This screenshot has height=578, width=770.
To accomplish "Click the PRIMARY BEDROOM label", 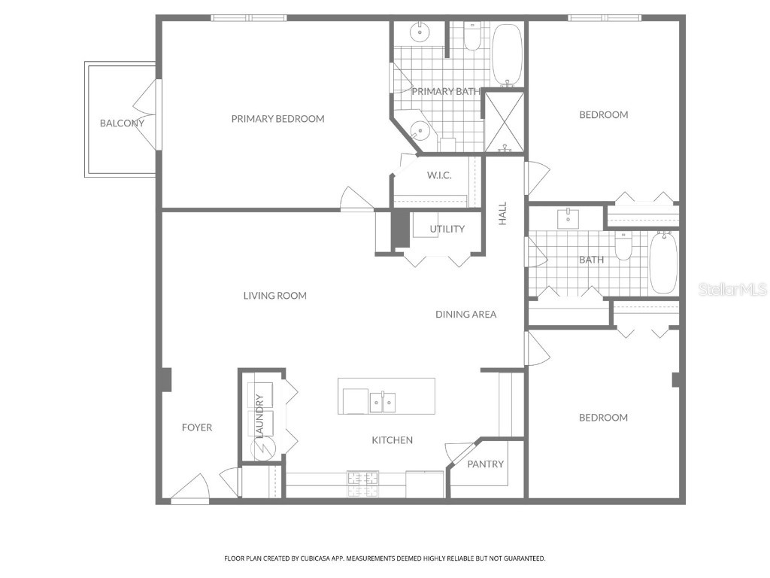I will [277, 119].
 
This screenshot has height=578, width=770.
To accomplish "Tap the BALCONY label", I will [122, 123].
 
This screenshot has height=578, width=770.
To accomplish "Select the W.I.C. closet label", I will [439, 175].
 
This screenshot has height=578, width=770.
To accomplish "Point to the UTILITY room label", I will [447, 229].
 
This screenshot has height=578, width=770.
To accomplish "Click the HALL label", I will [502, 213].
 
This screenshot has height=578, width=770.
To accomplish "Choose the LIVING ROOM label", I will [274, 296].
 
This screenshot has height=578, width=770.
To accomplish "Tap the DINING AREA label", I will [465, 315].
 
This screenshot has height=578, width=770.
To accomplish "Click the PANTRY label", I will [485, 464].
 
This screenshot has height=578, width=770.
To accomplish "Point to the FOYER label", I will [197, 427].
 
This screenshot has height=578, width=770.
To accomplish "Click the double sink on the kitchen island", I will [383, 402].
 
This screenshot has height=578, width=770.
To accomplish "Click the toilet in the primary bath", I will [472, 38].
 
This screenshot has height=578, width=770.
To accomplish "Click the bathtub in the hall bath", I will [663, 263].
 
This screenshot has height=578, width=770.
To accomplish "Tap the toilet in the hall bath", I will [623, 245].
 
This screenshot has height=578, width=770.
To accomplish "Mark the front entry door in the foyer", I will [190, 489].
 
